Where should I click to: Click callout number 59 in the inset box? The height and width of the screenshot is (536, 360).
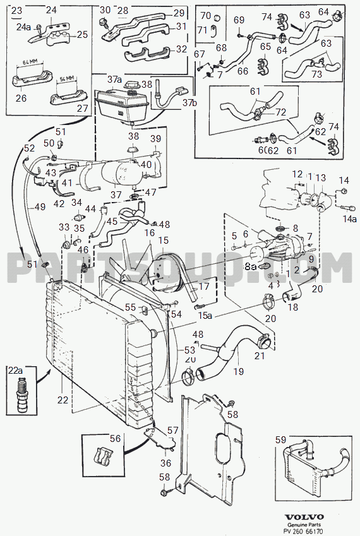tap(281, 441)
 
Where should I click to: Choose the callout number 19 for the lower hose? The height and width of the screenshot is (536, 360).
tap(237, 372)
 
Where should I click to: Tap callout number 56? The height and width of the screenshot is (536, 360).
tap(114, 439)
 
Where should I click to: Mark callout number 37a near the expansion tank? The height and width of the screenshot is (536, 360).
tap(114, 80)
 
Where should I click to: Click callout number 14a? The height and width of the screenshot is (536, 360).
tap(349, 219)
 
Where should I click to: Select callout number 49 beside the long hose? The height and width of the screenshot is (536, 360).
tap(39, 207)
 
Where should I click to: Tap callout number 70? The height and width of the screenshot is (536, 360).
tap(205, 15)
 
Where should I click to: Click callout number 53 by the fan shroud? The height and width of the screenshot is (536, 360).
tap(189, 350)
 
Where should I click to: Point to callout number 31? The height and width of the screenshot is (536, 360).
tap(181, 27)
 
